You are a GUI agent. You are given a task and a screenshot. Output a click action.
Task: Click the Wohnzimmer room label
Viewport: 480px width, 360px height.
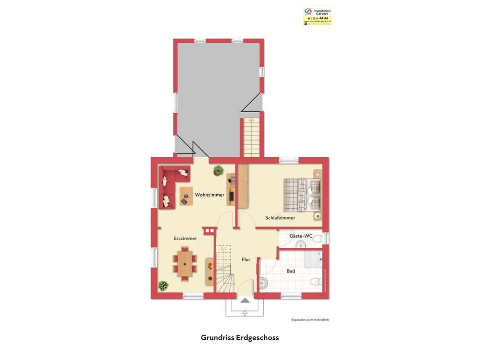coord(210,195)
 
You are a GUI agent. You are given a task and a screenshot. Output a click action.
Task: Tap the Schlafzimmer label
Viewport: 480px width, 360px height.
coord(280,218)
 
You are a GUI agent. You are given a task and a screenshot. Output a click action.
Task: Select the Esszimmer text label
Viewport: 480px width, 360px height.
coord(185,238)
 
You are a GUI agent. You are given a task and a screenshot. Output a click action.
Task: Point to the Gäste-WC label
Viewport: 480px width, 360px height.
coord(301,236)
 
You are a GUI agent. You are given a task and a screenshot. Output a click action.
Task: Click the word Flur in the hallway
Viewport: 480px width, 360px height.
coord(246,259)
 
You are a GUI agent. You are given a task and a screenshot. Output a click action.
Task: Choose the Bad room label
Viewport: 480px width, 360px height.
coord(291,271)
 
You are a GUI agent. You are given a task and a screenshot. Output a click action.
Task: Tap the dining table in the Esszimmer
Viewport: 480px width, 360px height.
coord(185,263)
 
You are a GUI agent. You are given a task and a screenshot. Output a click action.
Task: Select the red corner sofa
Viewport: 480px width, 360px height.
coord(169,186)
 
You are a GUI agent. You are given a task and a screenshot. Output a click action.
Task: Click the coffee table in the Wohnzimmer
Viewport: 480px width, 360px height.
coord(186,196)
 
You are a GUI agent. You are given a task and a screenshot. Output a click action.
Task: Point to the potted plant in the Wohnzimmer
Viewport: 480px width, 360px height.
coord(218,170)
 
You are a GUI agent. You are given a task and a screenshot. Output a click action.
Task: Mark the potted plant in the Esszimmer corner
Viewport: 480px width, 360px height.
coord(163,286)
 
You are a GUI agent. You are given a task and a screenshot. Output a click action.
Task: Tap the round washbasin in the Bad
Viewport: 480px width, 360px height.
coord(262,283)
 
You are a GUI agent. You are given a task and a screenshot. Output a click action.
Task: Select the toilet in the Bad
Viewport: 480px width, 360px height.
coord(316,282)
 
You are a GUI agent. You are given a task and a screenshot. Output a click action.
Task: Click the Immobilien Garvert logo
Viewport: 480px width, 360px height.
coord(317,15)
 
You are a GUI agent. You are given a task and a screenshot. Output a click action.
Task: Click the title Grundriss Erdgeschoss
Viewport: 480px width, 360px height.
coord(239,337)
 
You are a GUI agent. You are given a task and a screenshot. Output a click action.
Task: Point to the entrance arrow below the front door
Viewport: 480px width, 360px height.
coord(245,300)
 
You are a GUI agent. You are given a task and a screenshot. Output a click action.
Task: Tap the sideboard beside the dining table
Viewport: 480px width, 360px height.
coord(209,272)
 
